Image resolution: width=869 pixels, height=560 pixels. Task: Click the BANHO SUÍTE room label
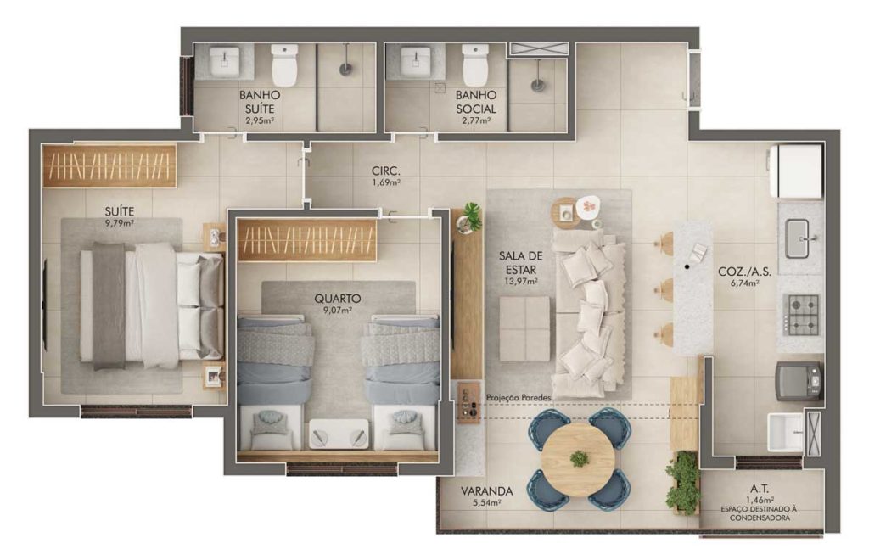pos(260,102)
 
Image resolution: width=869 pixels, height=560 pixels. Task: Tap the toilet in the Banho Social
pos(475,64)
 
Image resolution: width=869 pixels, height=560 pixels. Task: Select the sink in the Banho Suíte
pos(224,61)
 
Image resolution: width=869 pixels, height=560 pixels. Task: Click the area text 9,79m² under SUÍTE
pos(119,223)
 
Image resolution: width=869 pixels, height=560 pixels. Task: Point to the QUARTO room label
pos(338,299)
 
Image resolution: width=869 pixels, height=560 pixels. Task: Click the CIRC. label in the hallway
pos(386,171)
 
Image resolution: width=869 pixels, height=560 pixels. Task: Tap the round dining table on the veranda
pos(579,459)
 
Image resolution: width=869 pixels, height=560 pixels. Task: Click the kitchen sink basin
pos(797,238)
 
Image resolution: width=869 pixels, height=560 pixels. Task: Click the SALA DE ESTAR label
pos(520,263)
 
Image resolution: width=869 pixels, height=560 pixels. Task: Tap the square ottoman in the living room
pos(524,329)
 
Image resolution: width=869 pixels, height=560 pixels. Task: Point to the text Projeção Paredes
pos(519,398)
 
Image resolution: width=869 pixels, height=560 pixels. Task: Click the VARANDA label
pos(486,491)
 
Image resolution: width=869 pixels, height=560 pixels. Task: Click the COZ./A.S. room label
pos(744,272)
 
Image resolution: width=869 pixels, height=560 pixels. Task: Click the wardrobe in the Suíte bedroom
pos(109,165)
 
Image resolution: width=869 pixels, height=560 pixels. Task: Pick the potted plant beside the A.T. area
pos(683,483)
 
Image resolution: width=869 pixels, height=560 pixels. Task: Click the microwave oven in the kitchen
pos(799,381)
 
